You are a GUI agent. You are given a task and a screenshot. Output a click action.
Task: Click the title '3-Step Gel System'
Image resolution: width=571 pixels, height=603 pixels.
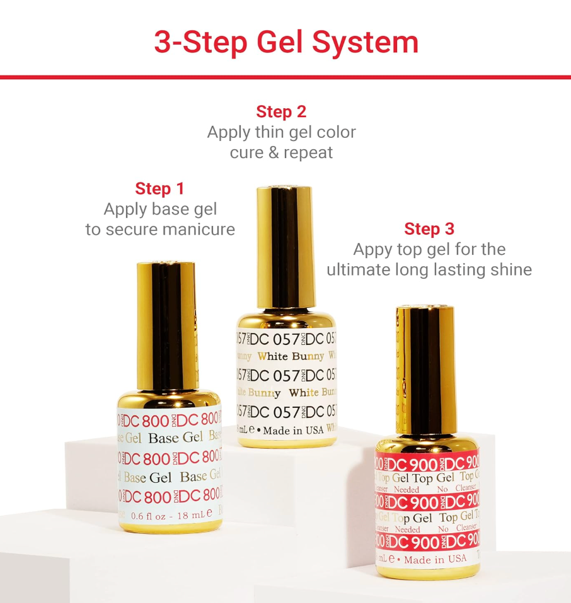286,42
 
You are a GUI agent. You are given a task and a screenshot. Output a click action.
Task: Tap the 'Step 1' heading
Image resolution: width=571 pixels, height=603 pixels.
160,189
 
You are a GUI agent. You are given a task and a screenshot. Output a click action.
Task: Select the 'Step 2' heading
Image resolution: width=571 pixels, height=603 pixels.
281,112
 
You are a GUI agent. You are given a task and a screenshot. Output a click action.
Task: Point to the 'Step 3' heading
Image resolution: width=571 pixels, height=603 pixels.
429,228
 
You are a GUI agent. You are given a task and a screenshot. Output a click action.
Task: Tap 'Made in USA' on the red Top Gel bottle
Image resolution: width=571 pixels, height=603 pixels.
435,559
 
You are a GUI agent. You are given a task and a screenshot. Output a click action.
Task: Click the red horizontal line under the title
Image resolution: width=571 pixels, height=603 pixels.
285,77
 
